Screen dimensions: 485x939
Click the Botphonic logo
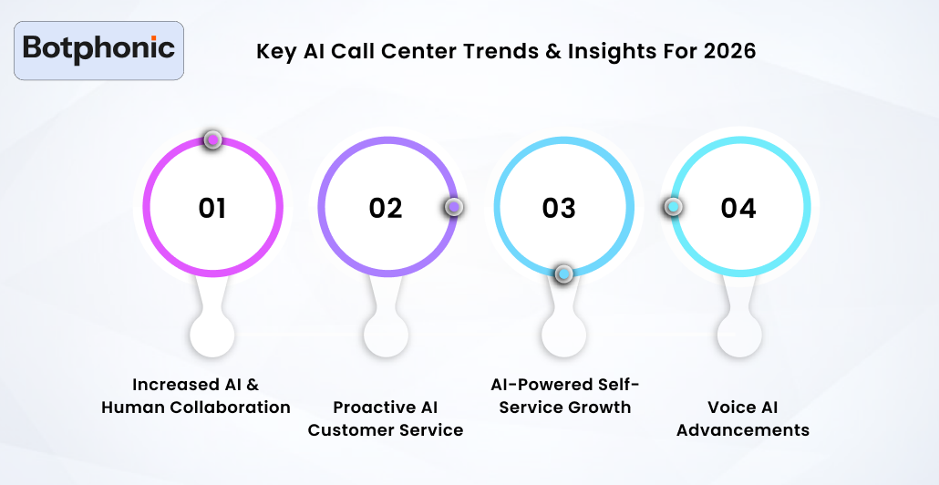click(x=99, y=50)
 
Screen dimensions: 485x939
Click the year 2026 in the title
click(x=729, y=51)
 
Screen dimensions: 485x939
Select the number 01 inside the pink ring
click(x=212, y=209)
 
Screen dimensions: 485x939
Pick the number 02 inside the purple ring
click(x=386, y=209)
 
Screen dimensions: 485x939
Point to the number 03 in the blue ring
click(x=559, y=209)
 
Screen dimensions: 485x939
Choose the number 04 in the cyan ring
click(x=738, y=209)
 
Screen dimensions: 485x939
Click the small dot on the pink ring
click(x=212, y=139)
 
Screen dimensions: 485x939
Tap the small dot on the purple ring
click(x=454, y=207)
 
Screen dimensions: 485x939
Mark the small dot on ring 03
click(x=564, y=273)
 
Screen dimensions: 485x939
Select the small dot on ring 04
click(x=673, y=207)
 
